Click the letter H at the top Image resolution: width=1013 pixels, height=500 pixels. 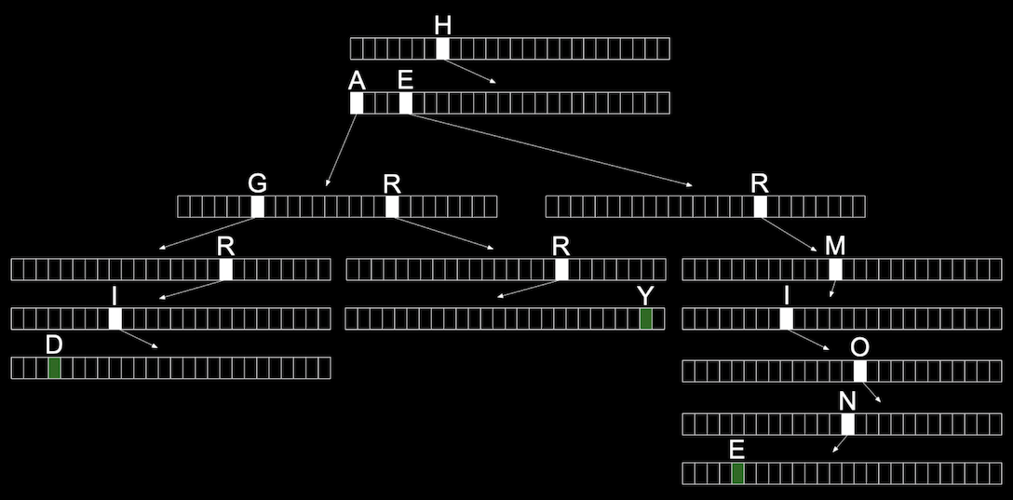pyautogui.click(x=442, y=25)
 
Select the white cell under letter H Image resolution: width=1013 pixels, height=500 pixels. pyautogui.click(x=442, y=48)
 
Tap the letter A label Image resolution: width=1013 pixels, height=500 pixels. pyautogui.click(x=357, y=81)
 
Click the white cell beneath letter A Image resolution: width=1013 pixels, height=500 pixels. pyautogui.click(x=357, y=103)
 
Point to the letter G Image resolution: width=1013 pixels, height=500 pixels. pyautogui.click(x=257, y=184)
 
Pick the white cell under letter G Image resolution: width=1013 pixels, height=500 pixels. pyautogui.click(x=257, y=207)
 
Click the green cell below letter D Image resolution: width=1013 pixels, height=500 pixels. pyautogui.click(x=54, y=368)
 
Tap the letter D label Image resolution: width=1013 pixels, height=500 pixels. pyautogui.click(x=54, y=345)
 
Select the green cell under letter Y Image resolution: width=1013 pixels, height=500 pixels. pyautogui.click(x=645, y=319)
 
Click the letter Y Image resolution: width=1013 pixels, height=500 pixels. pyautogui.click(x=645, y=296)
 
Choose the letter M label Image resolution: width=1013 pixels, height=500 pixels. pyautogui.click(x=835, y=246)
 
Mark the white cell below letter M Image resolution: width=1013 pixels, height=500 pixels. pyautogui.click(x=835, y=269)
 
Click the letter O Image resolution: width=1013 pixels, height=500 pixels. pyautogui.click(x=860, y=347)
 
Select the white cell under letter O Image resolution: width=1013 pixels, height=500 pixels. pyautogui.click(x=860, y=372)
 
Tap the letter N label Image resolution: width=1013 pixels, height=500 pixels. pyautogui.click(x=847, y=402)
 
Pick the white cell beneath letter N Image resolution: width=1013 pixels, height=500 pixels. pyautogui.click(x=847, y=425)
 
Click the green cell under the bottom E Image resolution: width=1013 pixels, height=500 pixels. pyautogui.click(x=737, y=474)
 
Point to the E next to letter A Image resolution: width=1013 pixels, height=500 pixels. pyautogui.click(x=405, y=81)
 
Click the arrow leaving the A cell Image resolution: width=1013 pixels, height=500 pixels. pyautogui.click(x=341, y=150)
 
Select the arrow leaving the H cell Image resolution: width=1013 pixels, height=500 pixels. pyautogui.click(x=470, y=71)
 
